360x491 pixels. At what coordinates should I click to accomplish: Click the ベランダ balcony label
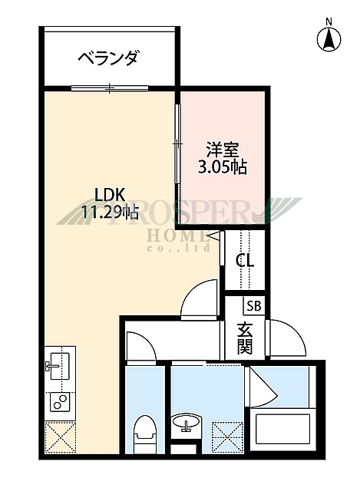109,59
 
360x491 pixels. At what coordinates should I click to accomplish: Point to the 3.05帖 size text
222,166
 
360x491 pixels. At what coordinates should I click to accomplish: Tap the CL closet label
245,260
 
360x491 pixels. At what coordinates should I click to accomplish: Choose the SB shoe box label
253,305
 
